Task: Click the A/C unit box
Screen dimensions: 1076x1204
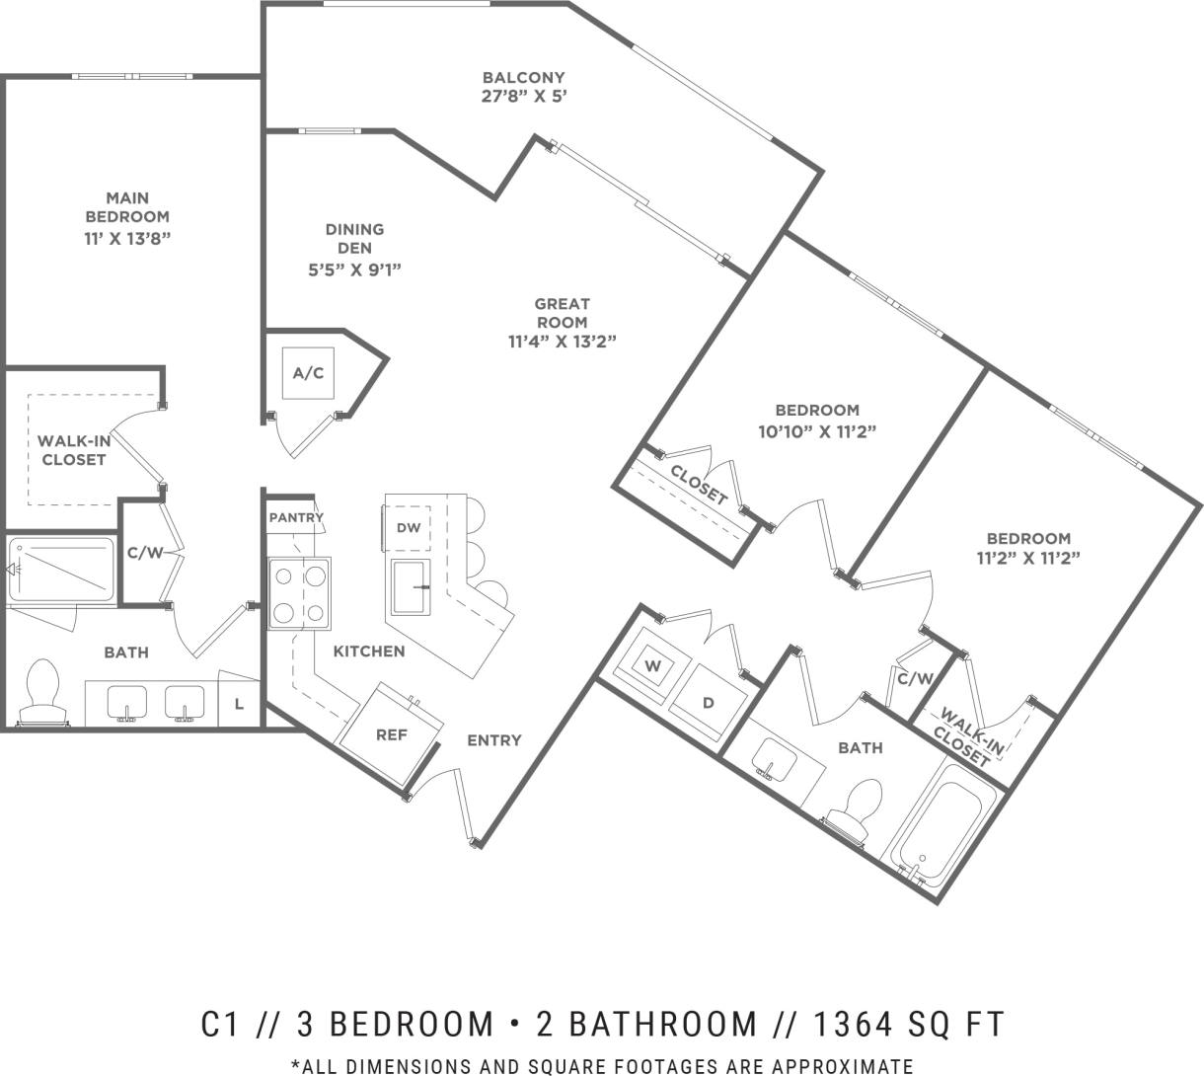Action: click(x=308, y=373)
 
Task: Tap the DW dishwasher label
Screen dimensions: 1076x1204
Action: click(x=409, y=528)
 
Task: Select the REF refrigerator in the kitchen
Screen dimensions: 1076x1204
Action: click(x=391, y=732)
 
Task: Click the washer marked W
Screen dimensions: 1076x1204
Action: click(x=652, y=666)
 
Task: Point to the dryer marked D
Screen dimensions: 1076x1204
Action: click(x=707, y=702)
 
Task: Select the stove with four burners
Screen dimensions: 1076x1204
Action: click(x=300, y=593)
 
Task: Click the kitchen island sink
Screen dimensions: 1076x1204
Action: click(x=413, y=586)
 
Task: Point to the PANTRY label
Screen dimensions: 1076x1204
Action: click(x=296, y=517)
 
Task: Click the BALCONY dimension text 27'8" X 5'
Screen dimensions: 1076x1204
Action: click(x=523, y=97)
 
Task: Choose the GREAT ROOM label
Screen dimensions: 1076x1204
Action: click(x=562, y=313)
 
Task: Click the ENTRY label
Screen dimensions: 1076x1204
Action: click(x=493, y=740)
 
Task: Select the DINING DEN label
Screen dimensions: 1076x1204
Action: click(x=354, y=238)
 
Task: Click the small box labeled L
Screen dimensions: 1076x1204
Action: click(x=239, y=703)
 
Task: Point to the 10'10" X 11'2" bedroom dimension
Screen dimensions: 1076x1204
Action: click(x=816, y=430)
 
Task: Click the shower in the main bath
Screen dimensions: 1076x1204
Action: click(x=61, y=569)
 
